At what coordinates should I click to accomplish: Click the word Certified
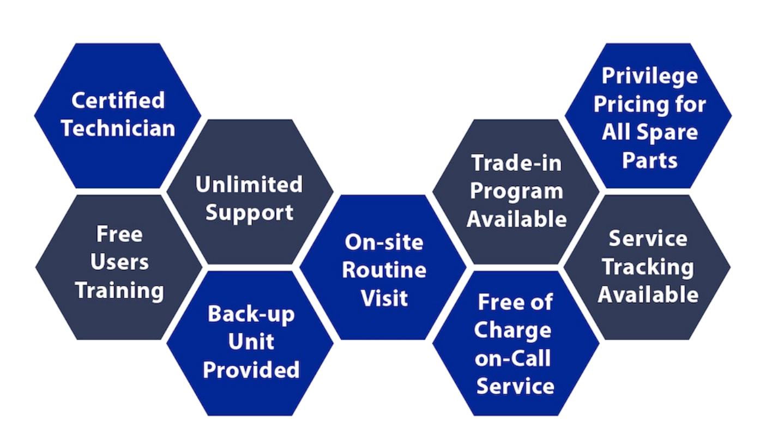coord(118,100)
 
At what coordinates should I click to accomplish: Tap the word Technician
coord(118,128)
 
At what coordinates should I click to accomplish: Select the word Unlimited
coord(249,184)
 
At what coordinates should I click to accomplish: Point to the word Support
coord(249,213)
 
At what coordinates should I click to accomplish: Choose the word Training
coord(119,291)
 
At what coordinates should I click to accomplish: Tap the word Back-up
coord(251,314)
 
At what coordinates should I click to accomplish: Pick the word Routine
coord(384,270)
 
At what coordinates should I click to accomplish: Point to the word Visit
coord(384,298)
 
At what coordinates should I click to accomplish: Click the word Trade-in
coord(516,163)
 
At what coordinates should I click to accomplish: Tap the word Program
coord(516,191)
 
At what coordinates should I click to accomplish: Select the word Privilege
coord(650,76)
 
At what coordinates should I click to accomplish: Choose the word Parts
coord(649,160)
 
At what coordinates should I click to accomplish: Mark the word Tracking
coord(648,267)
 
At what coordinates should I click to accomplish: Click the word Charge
coord(512,330)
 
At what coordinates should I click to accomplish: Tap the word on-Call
coord(512,358)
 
